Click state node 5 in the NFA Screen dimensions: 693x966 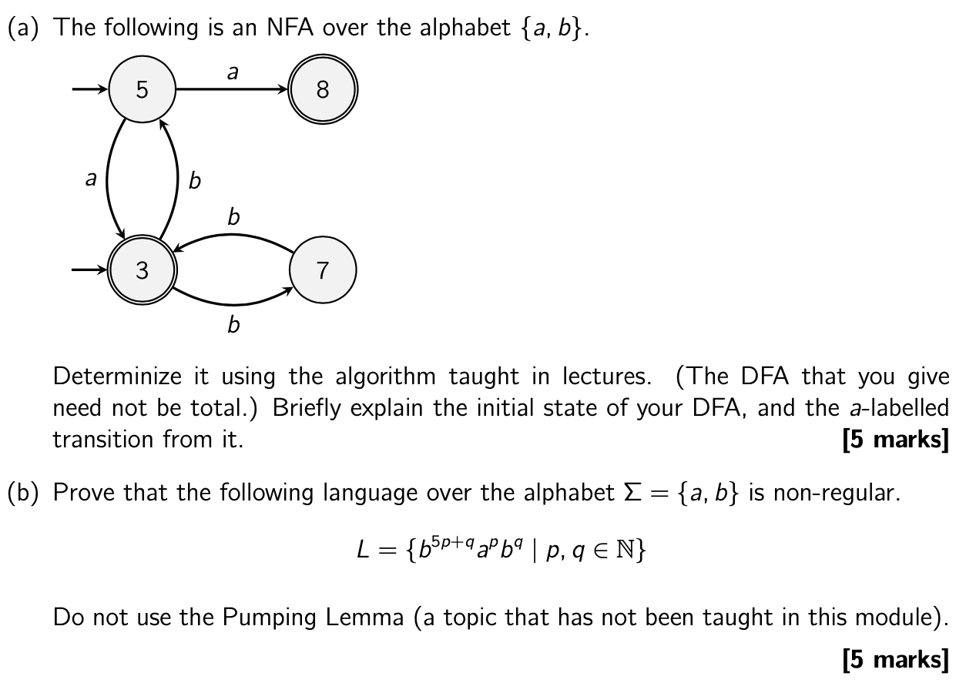pos(143,90)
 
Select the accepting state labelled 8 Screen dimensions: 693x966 pos(322,90)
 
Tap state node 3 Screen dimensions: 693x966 pos(143,270)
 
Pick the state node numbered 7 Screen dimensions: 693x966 pos(322,270)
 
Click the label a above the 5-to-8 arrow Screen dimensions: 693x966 pos(233,72)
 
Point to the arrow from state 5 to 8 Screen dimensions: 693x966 pos(231,90)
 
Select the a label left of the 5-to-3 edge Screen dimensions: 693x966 pos(91,179)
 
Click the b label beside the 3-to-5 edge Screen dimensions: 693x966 pos(194,181)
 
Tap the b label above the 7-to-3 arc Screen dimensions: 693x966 pos(233,217)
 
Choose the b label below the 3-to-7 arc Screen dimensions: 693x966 pos(233,325)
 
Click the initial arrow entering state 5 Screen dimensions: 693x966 pos(91,90)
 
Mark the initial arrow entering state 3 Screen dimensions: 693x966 pos(91,270)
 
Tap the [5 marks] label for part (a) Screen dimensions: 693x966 pos(896,440)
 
